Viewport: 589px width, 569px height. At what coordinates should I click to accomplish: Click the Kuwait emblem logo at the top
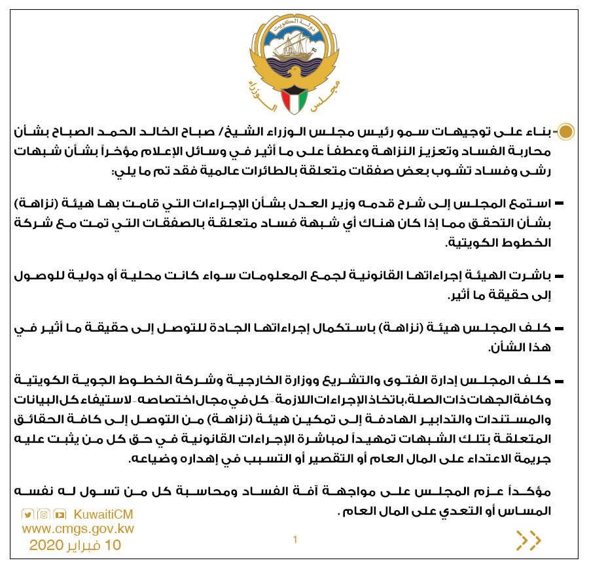(294, 64)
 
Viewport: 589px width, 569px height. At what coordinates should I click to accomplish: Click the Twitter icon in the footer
(27, 514)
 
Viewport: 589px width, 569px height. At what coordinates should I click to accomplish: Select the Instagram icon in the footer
(43, 514)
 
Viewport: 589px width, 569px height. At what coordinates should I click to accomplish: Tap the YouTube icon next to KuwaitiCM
(60, 514)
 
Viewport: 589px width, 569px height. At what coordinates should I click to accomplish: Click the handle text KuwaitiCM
(104, 514)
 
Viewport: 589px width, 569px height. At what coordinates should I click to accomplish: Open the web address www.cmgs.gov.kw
(78, 528)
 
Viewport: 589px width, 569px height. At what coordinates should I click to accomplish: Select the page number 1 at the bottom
(295, 540)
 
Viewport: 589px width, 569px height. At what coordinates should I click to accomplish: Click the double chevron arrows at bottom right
(529, 540)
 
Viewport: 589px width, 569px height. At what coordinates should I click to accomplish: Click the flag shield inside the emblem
(294, 98)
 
